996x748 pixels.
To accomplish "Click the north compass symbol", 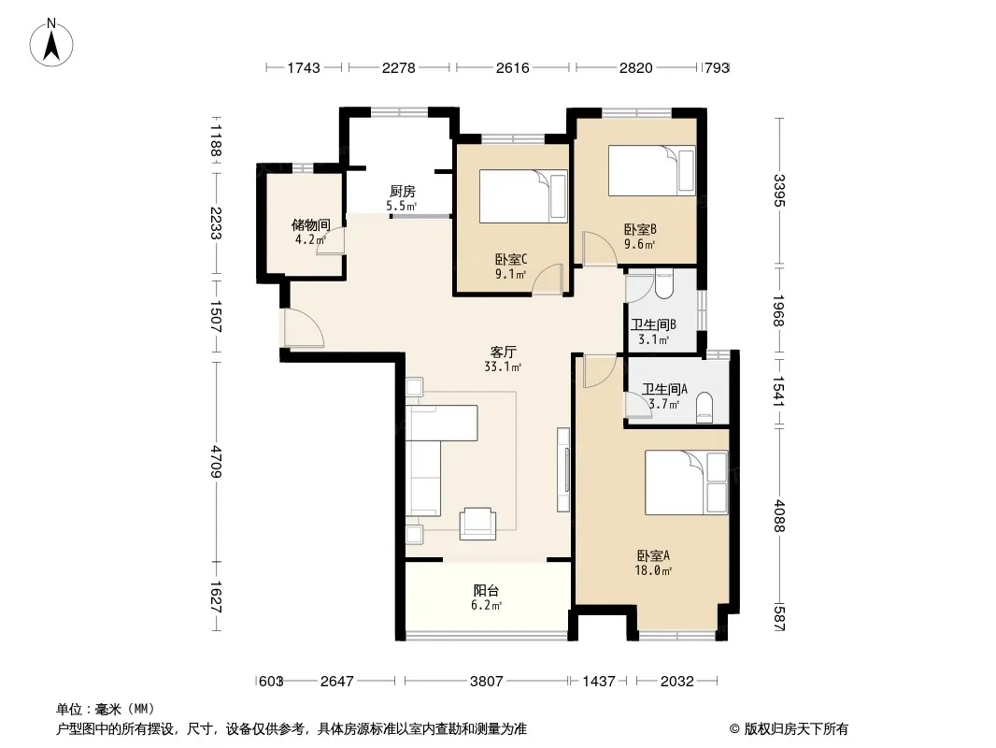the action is tap(51, 43).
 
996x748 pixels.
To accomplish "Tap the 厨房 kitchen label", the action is tap(402, 191).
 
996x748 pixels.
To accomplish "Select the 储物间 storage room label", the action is tap(310, 224).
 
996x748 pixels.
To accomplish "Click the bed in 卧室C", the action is tap(523, 195).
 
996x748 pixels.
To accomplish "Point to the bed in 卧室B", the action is tap(652, 170).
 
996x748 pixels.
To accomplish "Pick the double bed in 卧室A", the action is tap(686, 482).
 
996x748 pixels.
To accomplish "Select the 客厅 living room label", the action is tap(503, 352).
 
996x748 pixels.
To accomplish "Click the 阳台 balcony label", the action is tap(486, 590).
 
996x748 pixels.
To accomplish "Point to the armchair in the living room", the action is tap(477, 524).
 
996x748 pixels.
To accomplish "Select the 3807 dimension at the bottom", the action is tap(487, 682).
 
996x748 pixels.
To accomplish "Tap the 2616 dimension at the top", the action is tap(513, 67).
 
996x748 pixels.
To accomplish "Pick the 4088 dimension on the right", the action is tap(779, 516).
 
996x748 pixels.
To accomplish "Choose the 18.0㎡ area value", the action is tap(653, 570).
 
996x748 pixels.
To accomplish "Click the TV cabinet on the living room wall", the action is tap(563, 469).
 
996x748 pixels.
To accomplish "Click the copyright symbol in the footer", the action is tap(734, 729).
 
